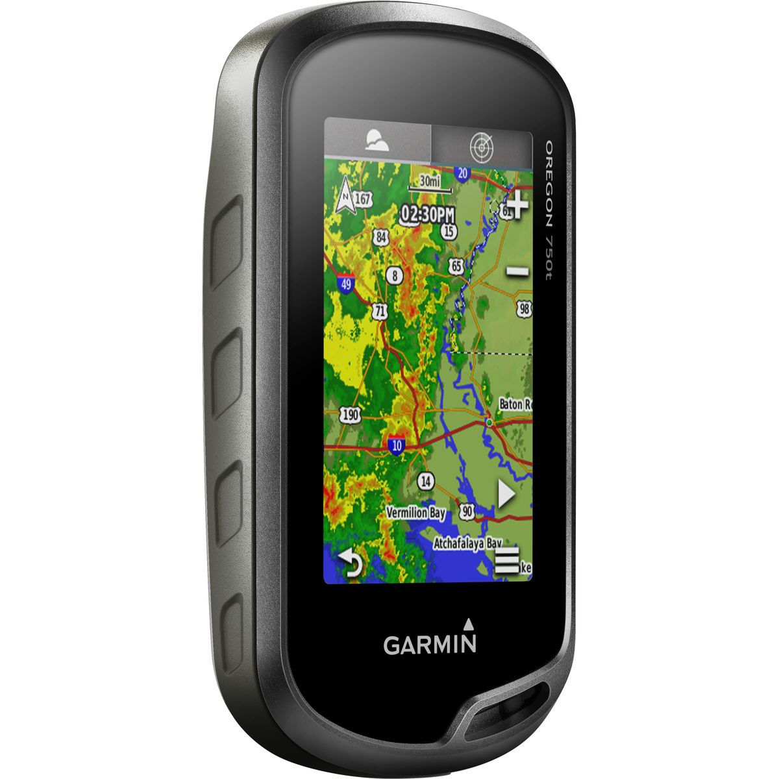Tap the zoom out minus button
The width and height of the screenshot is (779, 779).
click(x=517, y=271)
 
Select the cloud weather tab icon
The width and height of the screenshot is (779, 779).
click(x=377, y=140)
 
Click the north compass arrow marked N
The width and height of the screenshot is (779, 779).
click(x=345, y=197)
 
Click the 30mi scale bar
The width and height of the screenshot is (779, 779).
click(x=429, y=184)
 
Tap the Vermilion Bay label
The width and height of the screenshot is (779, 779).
click(x=416, y=513)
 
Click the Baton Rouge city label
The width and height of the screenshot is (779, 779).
click(x=515, y=404)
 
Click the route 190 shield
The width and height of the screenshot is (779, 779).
click(x=351, y=415)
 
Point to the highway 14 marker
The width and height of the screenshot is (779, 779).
click(x=426, y=482)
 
